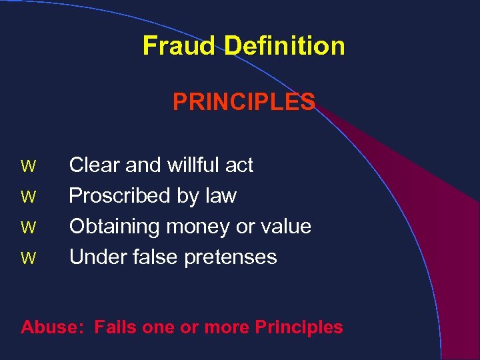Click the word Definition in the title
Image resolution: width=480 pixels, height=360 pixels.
[x=285, y=46]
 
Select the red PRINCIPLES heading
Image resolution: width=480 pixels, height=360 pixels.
[x=244, y=102]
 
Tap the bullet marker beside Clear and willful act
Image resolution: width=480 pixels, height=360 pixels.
[x=28, y=166]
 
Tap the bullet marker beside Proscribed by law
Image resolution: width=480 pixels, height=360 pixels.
[x=28, y=197]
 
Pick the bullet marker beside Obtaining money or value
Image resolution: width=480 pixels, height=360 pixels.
[x=28, y=227]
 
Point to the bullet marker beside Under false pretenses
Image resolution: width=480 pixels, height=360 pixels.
[x=28, y=258]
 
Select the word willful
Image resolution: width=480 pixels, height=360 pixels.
[x=193, y=165]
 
